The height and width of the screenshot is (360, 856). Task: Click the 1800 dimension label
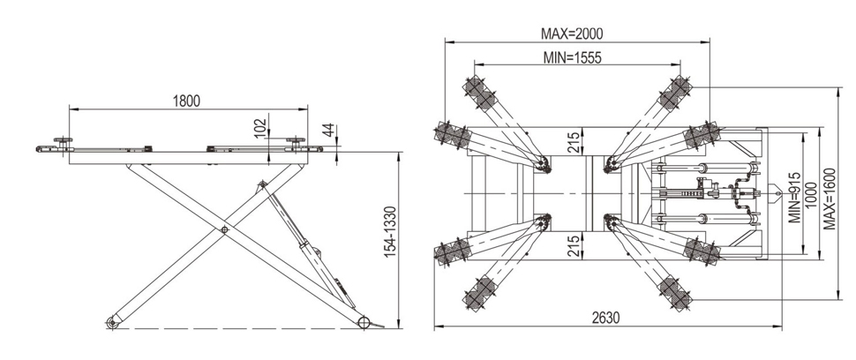pyautogui.click(x=186, y=101)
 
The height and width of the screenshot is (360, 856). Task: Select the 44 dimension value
pyautogui.click(x=328, y=130)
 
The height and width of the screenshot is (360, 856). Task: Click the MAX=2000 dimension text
pyautogui.click(x=576, y=34)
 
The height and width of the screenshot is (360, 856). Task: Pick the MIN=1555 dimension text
pyautogui.click(x=576, y=57)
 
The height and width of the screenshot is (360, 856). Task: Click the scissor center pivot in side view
pyautogui.click(x=224, y=231)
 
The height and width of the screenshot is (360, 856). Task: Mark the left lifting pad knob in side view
pyautogui.click(x=63, y=141)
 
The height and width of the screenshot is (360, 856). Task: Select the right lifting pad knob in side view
pyautogui.click(x=295, y=140)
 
